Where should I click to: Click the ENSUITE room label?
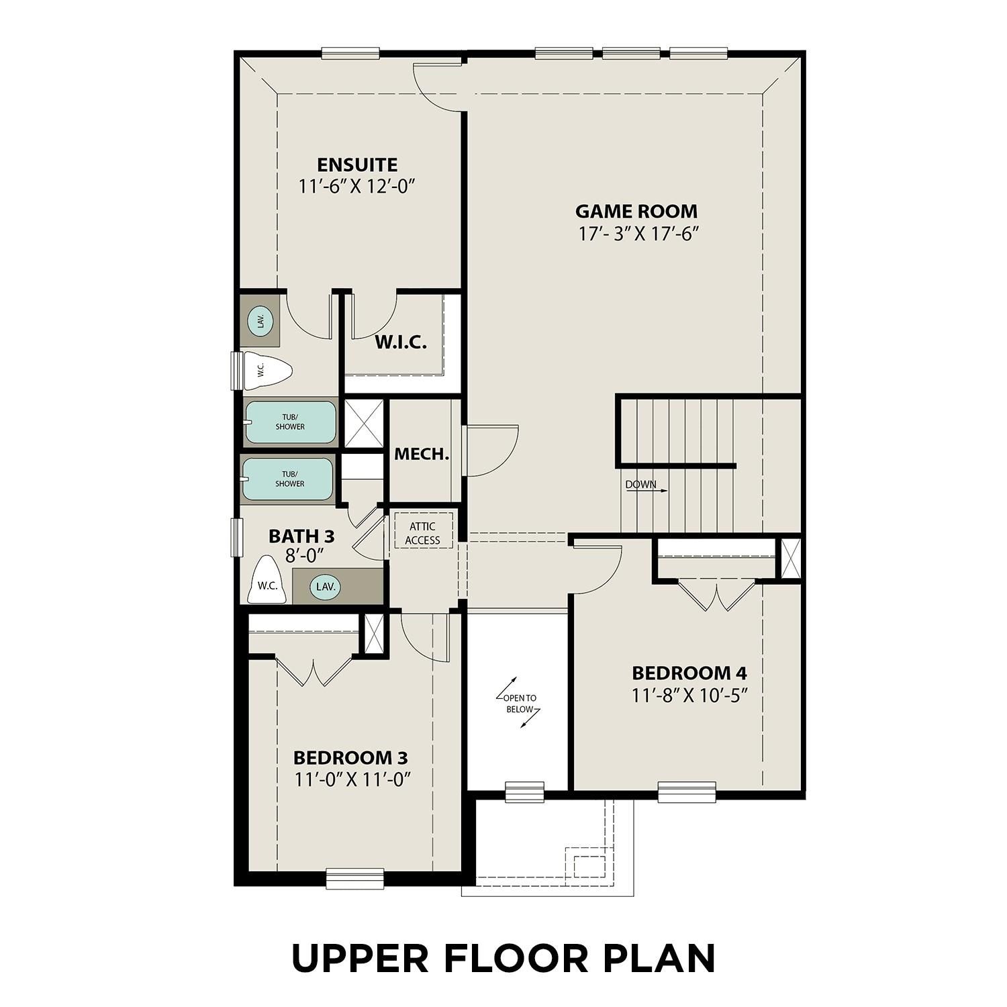coord(357,164)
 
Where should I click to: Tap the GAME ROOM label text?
coord(636,211)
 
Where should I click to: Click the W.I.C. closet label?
coord(400,342)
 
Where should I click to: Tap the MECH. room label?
coord(421,454)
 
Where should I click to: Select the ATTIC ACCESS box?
coord(422,533)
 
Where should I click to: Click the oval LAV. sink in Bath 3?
coord(326,587)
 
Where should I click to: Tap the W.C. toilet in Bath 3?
coord(268,581)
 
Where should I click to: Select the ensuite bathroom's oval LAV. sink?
coord(260,321)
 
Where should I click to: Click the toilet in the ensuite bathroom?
coord(267,370)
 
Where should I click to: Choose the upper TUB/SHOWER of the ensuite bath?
coord(289,422)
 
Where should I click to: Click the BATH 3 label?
coord(301,536)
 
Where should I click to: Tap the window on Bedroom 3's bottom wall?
coord(354,877)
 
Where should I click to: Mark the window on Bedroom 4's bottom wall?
coord(686,792)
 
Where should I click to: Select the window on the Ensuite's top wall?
coord(350,53)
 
